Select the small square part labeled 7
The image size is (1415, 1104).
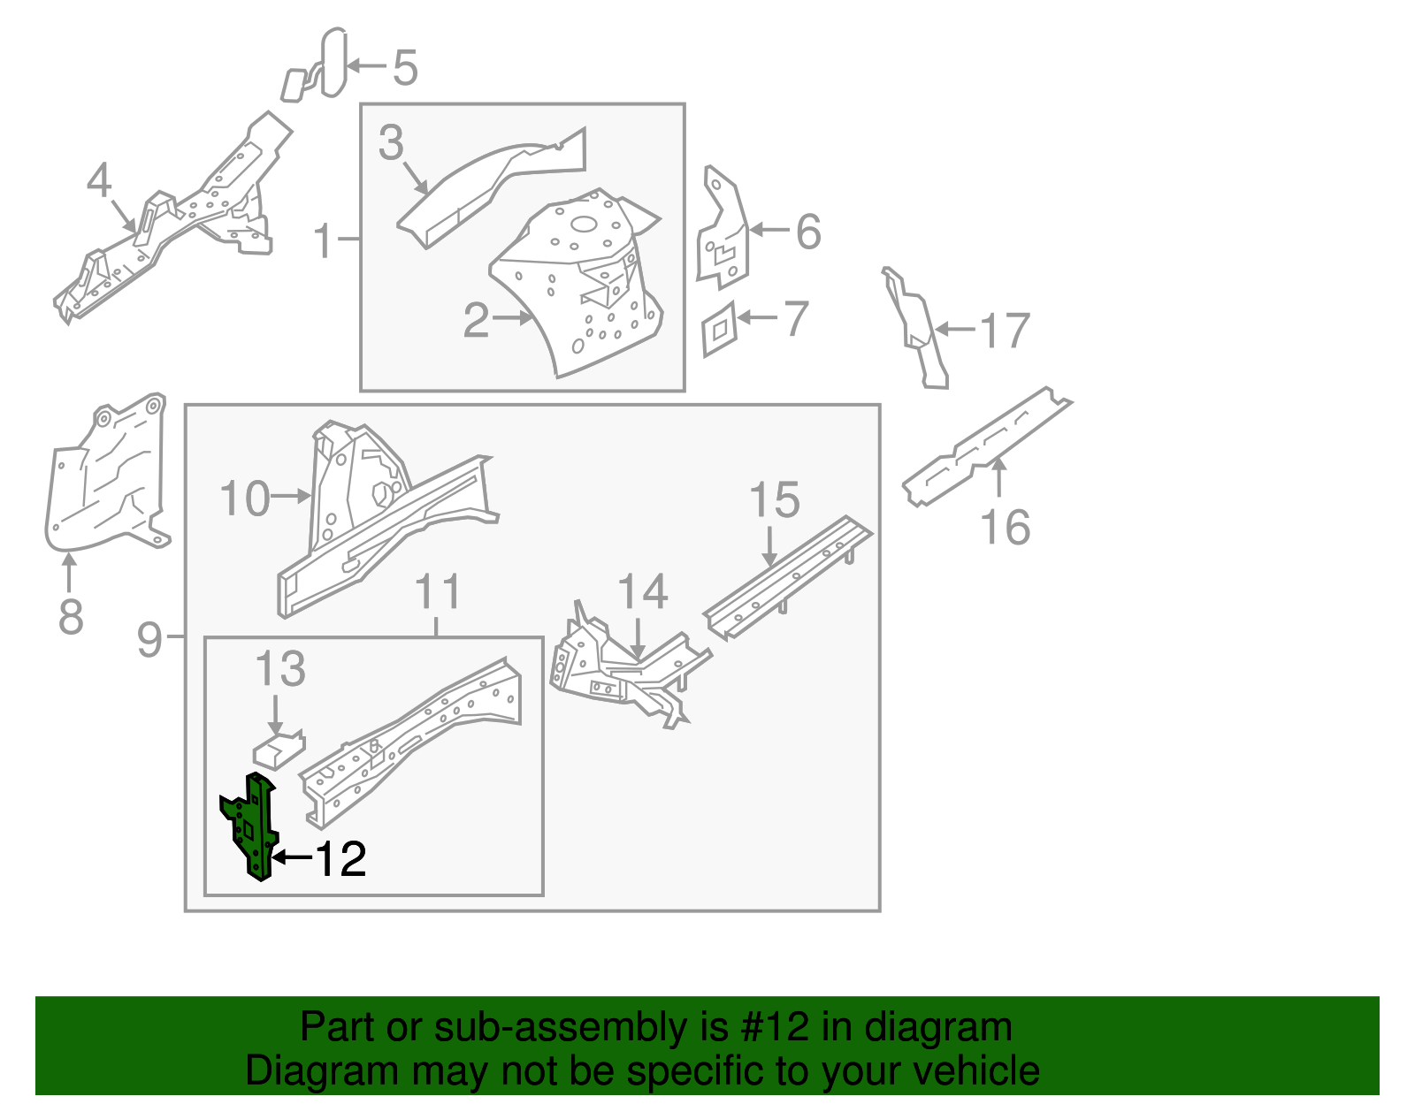click(719, 329)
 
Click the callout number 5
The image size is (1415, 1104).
click(405, 68)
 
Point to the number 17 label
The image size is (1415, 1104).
click(1006, 331)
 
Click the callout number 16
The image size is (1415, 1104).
click(1006, 528)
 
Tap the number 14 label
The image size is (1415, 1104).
click(642, 591)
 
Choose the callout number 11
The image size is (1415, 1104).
click(439, 591)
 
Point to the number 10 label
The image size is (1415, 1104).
click(245, 499)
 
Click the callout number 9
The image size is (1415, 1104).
click(150, 638)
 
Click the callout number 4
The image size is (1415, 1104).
click(99, 180)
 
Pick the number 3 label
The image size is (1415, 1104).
click(391, 143)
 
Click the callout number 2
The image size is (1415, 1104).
click(476, 320)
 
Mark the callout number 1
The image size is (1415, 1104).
click(324, 240)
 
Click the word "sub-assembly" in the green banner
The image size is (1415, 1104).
click(562, 1027)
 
